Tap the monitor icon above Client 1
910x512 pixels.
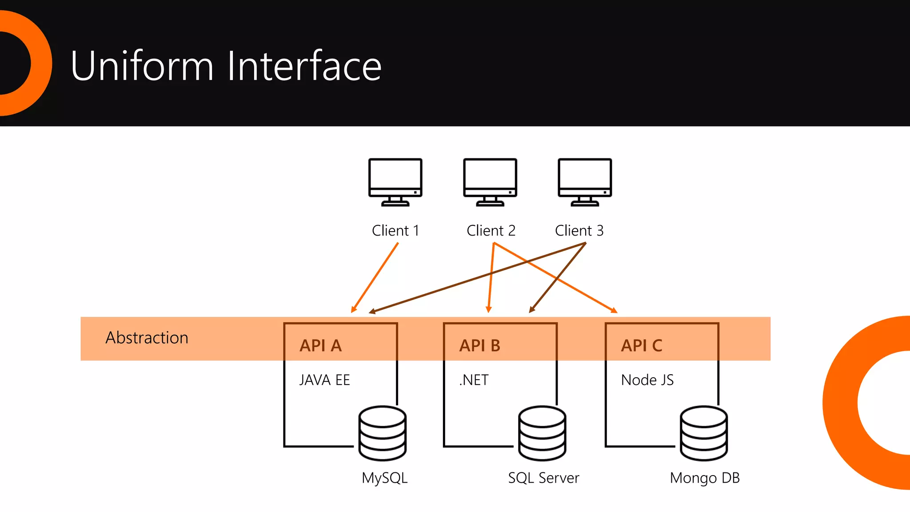click(x=395, y=182)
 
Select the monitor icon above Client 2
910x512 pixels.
click(x=490, y=182)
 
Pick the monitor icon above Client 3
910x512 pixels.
click(x=585, y=182)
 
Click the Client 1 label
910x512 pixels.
click(x=395, y=231)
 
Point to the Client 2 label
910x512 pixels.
click(x=491, y=231)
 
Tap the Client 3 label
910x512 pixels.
click(x=579, y=231)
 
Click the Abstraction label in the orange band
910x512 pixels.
click(x=147, y=338)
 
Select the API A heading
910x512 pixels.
click(x=320, y=345)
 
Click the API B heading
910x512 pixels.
click(x=479, y=345)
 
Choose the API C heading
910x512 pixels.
click(x=641, y=345)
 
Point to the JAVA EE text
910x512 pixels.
click(x=324, y=380)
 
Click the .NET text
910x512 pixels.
click(x=474, y=380)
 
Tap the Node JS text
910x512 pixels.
click(x=647, y=380)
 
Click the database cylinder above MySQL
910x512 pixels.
click(x=382, y=433)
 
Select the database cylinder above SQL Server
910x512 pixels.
click(x=542, y=433)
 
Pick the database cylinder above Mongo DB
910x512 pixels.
click(x=704, y=433)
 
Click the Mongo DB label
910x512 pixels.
click(x=705, y=478)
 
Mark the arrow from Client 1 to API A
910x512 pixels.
click(x=375, y=278)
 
